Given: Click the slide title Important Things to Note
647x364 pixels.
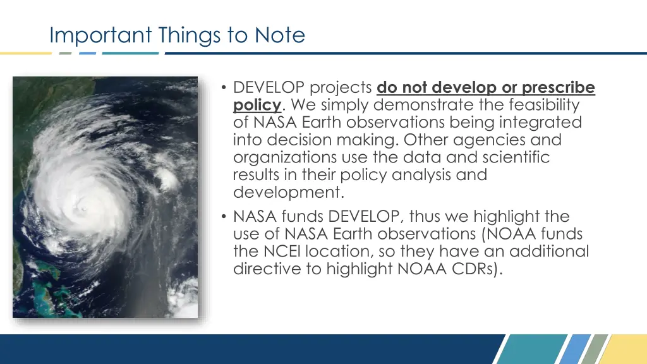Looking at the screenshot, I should point(177,35).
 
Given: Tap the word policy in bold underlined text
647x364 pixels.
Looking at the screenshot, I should point(257,104).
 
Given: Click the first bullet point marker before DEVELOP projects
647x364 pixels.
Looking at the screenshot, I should point(225,87).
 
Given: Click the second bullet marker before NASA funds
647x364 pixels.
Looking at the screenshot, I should point(225,217).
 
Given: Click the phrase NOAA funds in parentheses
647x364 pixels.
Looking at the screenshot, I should point(536,234).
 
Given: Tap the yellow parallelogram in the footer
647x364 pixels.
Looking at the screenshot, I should point(626,349).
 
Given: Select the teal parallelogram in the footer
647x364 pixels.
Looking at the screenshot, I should point(525,349).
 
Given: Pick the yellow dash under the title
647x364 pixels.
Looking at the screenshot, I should point(25,53).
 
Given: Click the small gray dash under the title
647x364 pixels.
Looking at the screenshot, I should point(66,53).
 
